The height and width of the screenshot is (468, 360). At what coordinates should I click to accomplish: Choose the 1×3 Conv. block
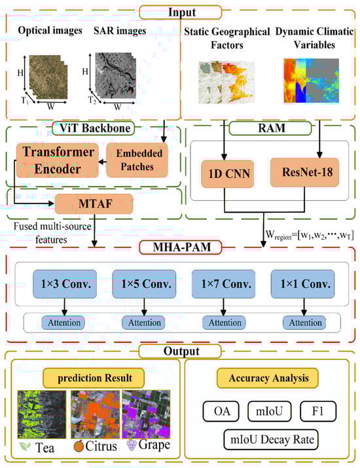[x=63, y=285]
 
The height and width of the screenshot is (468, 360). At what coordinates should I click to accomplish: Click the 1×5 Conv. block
[x=143, y=285]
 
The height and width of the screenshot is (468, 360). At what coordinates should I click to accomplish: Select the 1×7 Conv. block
[x=223, y=285]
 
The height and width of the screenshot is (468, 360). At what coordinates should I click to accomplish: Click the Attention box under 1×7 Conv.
[x=222, y=322]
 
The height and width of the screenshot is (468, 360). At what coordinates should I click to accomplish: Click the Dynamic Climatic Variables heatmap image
[x=308, y=82]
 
